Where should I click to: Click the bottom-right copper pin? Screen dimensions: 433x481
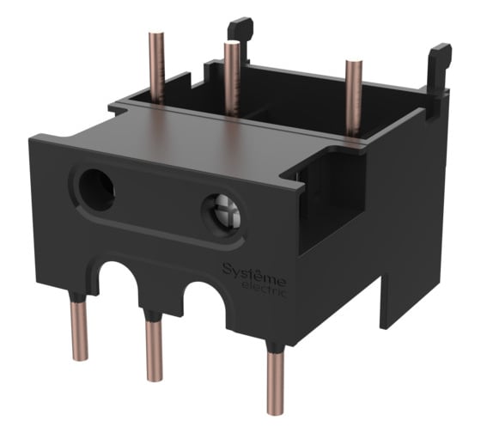276,383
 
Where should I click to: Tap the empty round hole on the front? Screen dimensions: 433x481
96,188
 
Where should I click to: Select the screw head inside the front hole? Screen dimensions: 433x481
221,210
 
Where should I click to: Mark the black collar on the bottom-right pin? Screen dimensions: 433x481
275,348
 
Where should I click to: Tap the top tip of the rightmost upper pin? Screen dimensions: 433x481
352,63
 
